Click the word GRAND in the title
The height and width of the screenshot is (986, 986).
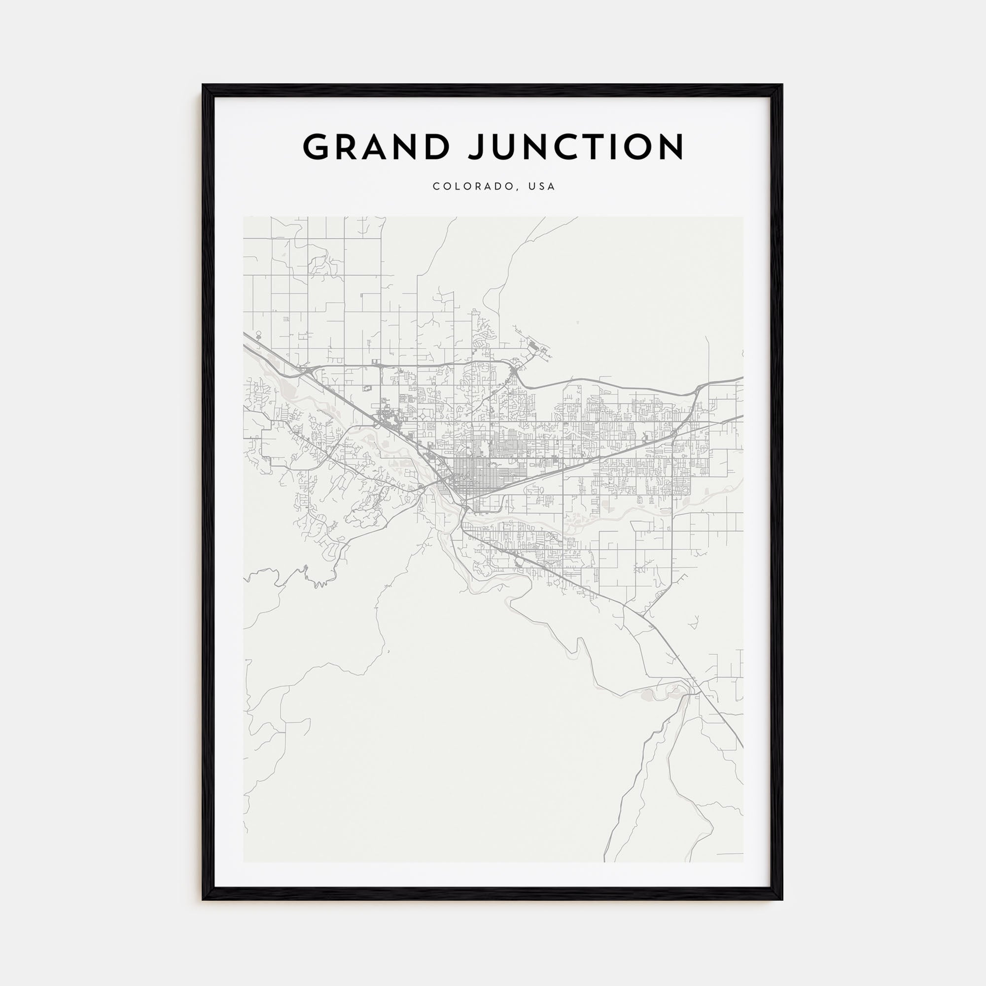point(376,147)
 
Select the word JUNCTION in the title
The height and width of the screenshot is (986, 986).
point(576,147)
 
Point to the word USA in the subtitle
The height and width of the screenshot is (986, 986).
point(542,187)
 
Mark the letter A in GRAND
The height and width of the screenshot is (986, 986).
point(376,147)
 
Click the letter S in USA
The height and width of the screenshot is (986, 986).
point(542,187)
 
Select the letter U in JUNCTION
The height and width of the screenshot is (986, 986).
point(505,147)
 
